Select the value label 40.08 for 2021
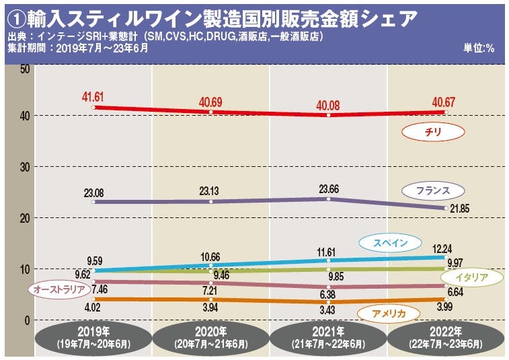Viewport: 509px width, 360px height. [x=327, y=105]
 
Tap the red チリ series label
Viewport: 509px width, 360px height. [x=433, y=133]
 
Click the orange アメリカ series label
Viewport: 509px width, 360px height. [x=388, y=312]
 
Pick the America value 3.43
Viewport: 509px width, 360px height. [x=327, y=311]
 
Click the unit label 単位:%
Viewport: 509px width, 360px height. [x=478, y=48]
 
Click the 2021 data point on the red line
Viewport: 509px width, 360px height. [x=328, y=115]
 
